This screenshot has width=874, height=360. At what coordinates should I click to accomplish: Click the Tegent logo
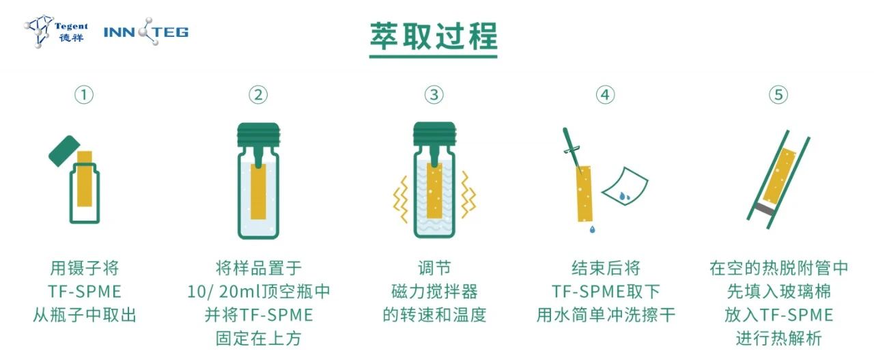click(x=56, y=31)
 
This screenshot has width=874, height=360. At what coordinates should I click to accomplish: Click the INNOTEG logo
click(x=146, y=31)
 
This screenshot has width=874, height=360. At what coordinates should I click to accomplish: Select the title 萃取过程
click(x=434, y=36)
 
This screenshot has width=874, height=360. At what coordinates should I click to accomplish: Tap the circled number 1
click(x=84, y=95)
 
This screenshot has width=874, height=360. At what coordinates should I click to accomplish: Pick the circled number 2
click(x=258, y=95)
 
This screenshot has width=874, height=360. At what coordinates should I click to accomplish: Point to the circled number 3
click(x=434, y=95)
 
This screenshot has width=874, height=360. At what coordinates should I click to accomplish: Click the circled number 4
click(x=605, y=95)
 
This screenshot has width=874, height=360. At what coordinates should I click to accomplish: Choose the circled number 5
click(x=778, y=95)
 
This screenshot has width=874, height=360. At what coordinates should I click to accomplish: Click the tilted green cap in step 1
click(x=64, y=151)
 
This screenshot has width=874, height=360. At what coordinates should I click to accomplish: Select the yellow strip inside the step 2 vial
click(x=258, y=192)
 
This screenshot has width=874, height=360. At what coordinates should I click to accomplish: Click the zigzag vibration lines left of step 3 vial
click(x=401, y=199)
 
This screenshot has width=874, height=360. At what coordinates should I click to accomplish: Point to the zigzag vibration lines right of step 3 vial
click(x=468, y=195)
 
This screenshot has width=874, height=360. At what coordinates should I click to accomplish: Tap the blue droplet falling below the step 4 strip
click(x=592, y=230)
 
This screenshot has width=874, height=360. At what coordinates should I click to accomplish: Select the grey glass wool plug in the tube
click(x=763, y=210)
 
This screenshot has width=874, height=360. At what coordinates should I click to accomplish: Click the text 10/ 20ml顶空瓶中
click(x=259, y=292)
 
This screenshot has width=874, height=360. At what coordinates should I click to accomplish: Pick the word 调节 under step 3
click(x=434, y=268)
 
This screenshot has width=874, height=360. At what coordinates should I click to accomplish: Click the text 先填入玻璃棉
click(x=779, y=292)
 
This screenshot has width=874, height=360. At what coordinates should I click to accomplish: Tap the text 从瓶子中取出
click(x=84, y=315)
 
